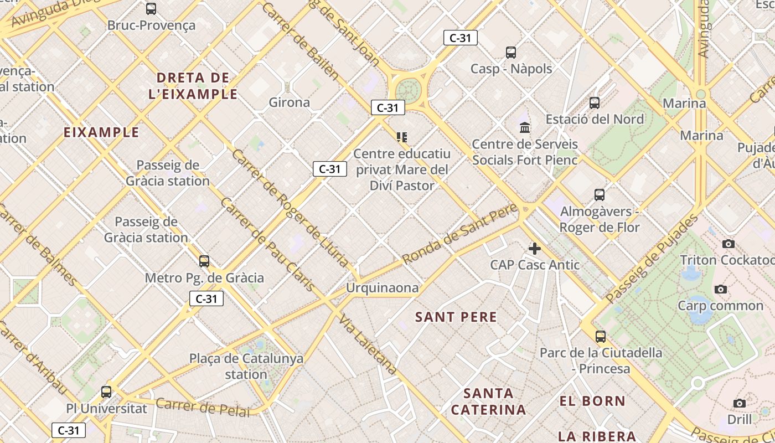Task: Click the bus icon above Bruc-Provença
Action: (151, 9)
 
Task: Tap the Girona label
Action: (289, 102)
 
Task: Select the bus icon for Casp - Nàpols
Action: (511, 53)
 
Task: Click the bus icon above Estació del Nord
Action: (595, 103)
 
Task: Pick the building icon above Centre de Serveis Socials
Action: (525, 128)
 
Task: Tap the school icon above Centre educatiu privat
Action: (402, 137)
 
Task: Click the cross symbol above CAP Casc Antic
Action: (535, 248)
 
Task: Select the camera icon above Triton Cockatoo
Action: (728, 244)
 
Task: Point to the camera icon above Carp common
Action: (720, 289)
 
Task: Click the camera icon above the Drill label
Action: (740, 403)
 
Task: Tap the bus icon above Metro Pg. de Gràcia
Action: (204, 261)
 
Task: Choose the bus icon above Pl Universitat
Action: (106, 392)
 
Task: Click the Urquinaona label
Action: (382, 288)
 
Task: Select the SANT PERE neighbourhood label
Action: (456, 317)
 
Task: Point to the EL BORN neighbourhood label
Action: (592, 401)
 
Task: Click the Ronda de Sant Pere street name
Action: (459, 233)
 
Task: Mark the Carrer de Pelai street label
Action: (203, 407)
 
